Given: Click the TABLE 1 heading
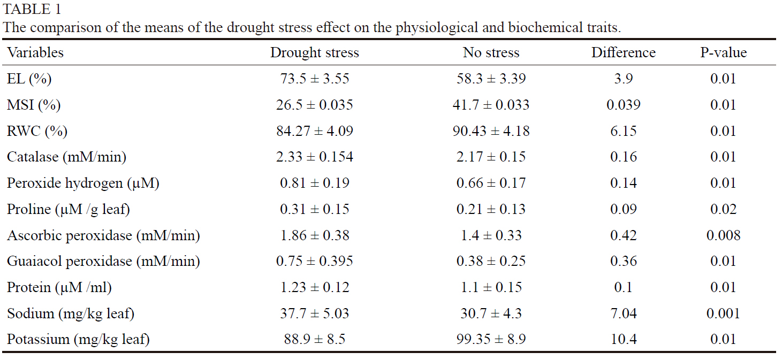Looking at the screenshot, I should coord(32,10).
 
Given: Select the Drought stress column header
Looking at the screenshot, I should coord(314,52).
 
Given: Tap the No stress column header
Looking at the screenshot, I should coord(491,52).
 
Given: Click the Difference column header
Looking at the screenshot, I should coord(623,52).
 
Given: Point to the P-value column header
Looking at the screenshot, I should coord(723,52).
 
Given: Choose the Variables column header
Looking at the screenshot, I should coord(35,52).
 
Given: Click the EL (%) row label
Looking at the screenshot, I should coord(29,79).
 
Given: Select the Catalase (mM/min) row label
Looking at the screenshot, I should coord(66,157).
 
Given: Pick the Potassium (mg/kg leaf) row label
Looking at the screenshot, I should coord(78,339).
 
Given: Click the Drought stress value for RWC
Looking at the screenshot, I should coord(314,131).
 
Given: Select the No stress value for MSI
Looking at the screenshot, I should coord(491,105).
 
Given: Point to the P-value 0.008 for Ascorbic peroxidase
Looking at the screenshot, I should coord(723,235).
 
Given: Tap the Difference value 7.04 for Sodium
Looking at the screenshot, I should coord(623,313).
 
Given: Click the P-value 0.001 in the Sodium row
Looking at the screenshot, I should coord(723,313).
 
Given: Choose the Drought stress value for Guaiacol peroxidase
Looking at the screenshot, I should coord(314,261).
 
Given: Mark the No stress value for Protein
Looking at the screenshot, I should coord(491,287).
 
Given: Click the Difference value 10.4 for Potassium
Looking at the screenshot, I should coord(623,339).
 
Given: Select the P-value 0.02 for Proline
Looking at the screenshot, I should coord(723,209).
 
